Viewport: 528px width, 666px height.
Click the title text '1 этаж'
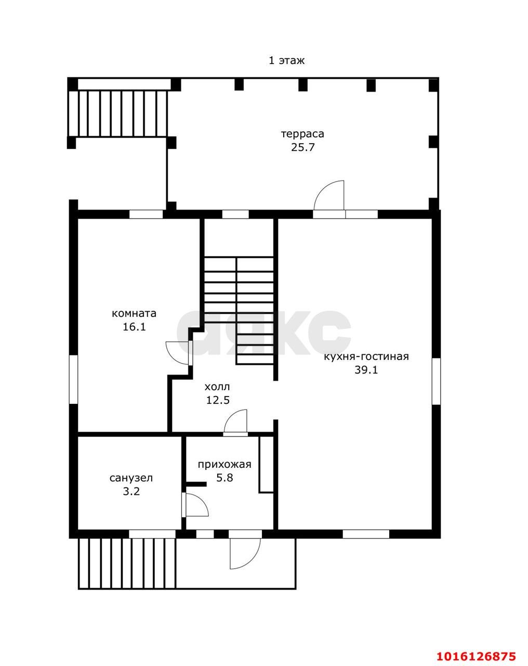(286, 60)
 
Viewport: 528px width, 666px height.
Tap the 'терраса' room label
(302, 134)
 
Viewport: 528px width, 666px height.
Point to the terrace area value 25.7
(302, 147)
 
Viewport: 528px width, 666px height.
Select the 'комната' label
(134, 314)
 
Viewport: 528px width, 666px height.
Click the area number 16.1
(134, 327)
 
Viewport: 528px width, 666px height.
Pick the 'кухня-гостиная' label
(366, 356)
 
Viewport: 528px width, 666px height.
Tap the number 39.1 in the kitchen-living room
(366, 370)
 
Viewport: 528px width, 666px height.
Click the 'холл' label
(217, 387)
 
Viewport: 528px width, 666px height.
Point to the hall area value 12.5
(218, 400)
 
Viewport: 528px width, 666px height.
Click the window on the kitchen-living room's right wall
(436, 381)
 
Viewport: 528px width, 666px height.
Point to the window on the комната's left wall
(73, 379)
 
